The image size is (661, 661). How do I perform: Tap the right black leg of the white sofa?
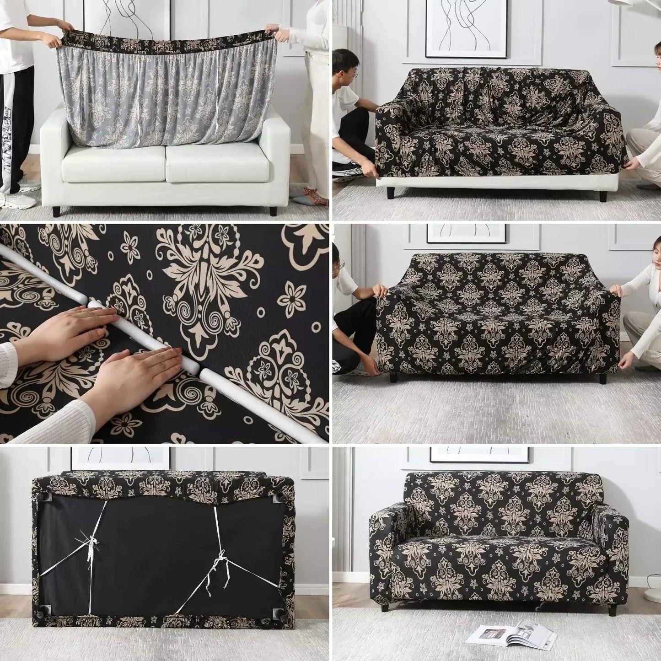coord(273,211)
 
